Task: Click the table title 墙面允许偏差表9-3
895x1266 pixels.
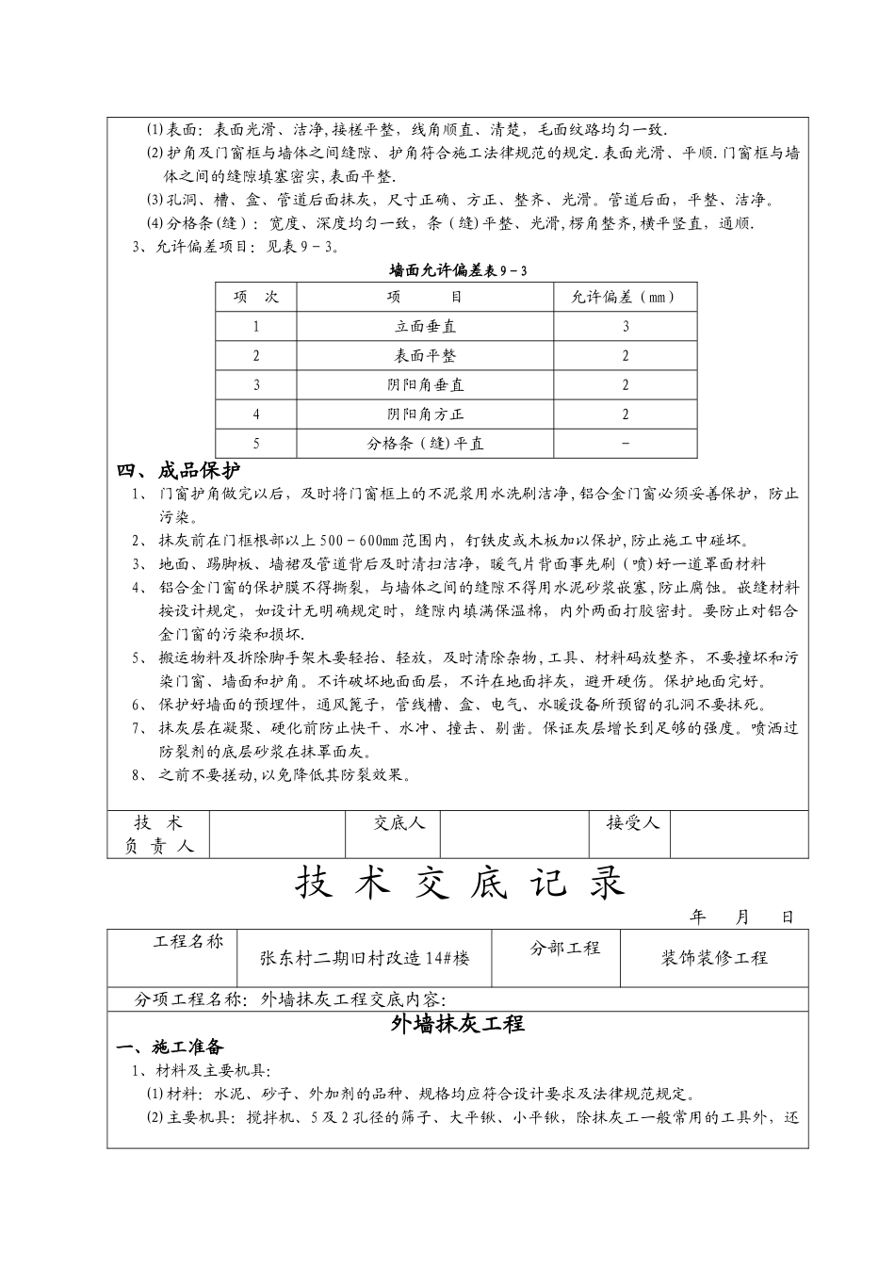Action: [458, 271]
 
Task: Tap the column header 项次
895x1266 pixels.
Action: [256, 298]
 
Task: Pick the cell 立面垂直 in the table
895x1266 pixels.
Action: [425, 327]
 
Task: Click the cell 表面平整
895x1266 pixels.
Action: [425, 356]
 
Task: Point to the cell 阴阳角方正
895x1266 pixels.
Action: [425, 414]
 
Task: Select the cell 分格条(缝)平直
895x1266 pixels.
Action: [425, 444]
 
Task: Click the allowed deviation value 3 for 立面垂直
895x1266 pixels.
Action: [625, 327]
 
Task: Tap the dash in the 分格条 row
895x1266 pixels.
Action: [625, 444]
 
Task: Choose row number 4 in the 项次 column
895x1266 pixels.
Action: [256, 414]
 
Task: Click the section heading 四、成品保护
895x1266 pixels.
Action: [178, 471]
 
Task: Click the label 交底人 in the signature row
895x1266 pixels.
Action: [399, 823]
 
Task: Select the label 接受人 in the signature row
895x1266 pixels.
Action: [633, 823]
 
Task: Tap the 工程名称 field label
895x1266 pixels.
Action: [188, 942]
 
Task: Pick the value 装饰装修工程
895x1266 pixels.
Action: [714, 959]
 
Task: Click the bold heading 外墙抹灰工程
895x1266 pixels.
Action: [457, 1025]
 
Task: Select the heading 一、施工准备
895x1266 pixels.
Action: [170, 1047]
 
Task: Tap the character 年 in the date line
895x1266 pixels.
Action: [698, 917]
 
